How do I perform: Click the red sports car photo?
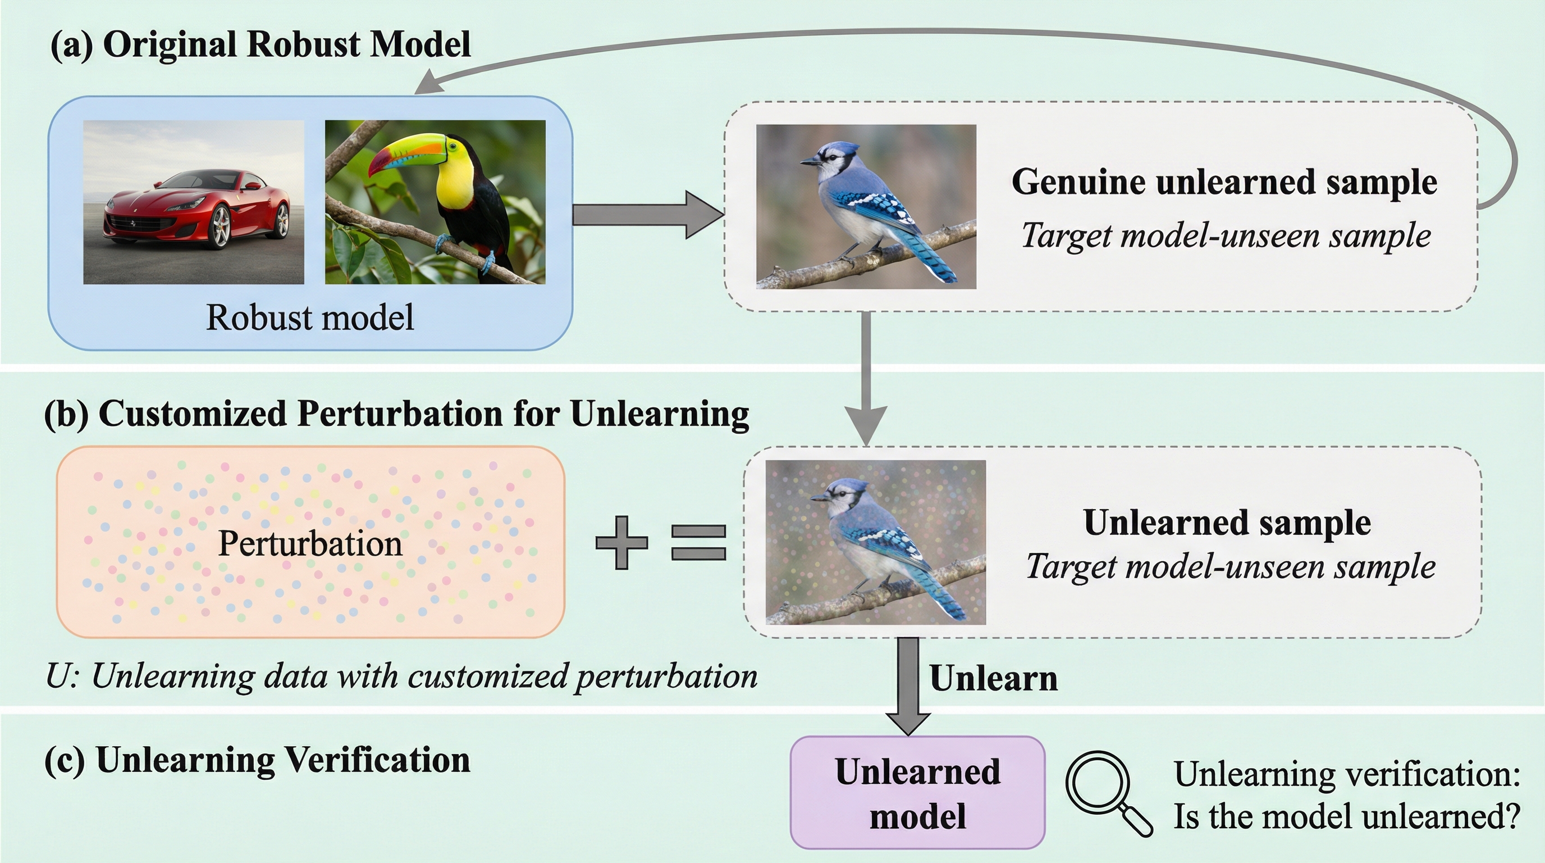tap(193, 202)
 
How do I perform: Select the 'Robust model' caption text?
tap(309, 317)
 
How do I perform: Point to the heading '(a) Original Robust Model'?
tap(260, 44)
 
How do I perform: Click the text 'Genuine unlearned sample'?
tap(1223, 181)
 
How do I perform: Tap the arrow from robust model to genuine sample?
tap(648, 215)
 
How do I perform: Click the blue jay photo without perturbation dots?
tap(866, 206)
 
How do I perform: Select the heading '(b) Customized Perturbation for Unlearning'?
tap(396, 414)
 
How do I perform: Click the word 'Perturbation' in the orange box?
tap(309, 543)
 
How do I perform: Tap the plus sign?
tap(621, 543)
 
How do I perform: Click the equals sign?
tap(698, 543)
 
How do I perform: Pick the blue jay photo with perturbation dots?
tap(875, 542)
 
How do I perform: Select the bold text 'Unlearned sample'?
tap(1227, 522)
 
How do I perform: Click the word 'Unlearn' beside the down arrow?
tap(993, 679)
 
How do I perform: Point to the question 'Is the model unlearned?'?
tap(1346, 817)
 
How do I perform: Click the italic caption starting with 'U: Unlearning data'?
tap(401, 676)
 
